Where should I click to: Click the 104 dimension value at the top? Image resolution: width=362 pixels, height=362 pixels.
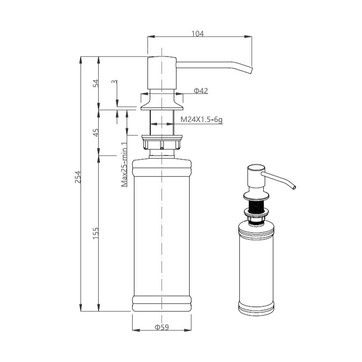[197, 33]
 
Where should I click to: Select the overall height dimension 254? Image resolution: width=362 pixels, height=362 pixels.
[78, 177]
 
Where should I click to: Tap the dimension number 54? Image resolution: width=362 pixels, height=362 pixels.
[95, 83]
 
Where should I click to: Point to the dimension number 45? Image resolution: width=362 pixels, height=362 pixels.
[95, 132]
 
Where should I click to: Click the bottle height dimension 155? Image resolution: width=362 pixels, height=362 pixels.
[95, 233]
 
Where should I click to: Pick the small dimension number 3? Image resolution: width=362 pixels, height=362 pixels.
[114, 82]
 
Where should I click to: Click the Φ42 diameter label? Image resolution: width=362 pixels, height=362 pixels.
[200, 91]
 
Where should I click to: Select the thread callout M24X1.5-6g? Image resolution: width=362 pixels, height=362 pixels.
[201, 119]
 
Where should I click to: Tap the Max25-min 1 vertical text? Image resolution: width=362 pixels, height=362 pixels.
[124, 165]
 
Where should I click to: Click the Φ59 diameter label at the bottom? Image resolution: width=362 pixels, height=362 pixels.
[162, 327]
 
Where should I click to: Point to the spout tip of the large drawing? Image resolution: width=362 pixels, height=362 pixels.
[252, 71]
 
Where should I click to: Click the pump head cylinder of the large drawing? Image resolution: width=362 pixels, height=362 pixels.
[162, 73]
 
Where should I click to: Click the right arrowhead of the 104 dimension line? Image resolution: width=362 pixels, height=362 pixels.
[248, 37]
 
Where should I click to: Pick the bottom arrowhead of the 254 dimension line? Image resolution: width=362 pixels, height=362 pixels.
[81, 308]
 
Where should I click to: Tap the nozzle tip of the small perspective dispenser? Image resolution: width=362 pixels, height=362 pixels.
[294, 187]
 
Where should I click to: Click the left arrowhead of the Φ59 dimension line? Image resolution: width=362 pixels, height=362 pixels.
[136, 330]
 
